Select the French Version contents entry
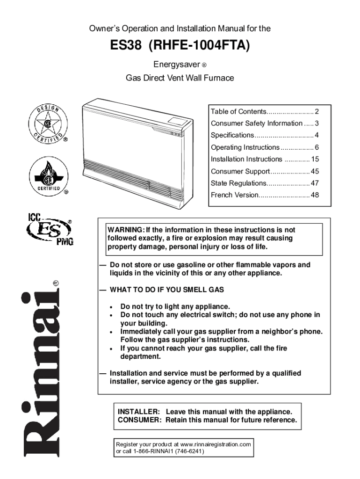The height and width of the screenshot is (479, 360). point(234,195)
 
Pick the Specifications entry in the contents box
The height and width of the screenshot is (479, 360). point(232,135)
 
